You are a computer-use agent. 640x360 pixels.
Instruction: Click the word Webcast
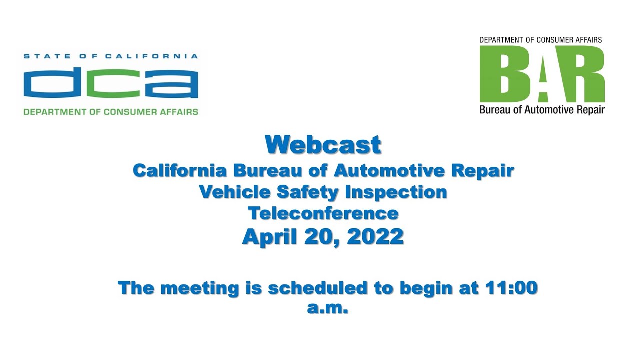tap(323, 145)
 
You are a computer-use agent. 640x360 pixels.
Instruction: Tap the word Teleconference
tap(323, 213)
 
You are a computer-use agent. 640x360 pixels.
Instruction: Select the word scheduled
tap(317, 288)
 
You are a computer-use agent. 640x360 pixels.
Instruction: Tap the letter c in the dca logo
tap(110, 84)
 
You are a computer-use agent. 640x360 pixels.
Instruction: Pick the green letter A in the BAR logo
tap(543, 74)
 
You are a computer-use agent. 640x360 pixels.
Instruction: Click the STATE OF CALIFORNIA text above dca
tap(110, 56)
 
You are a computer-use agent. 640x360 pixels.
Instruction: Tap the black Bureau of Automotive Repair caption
tap(542, 110)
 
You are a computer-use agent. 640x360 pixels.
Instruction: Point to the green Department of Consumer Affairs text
tap(110, 112)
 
